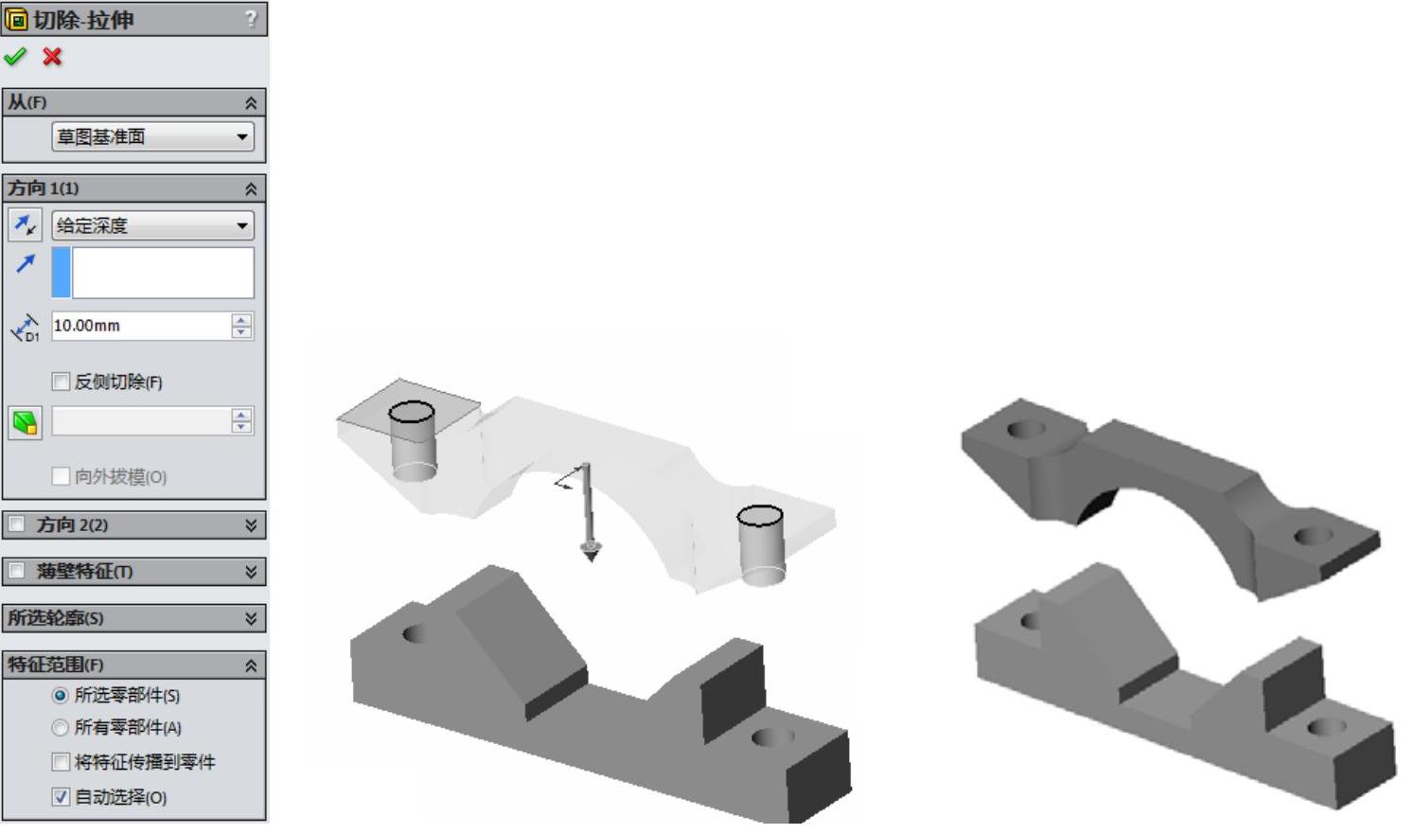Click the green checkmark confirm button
tap(15, 57)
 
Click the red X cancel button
tap(52, 57)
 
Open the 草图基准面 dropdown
tap(153, 136)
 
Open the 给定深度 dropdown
tap(153, 225)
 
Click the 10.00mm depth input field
tap(142, 326)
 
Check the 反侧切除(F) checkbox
tap(61, 382)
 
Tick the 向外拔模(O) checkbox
tap(61, 476)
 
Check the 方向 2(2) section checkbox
tap(16, 524)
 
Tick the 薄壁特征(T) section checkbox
tap(16, 571)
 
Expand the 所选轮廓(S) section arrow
tap(251, 618)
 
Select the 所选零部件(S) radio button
tap(60, 696)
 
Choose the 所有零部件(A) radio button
tap(60, 728)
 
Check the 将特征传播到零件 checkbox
tap(61, 762)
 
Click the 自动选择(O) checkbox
tap(61, 797)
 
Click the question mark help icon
tap(252, 19)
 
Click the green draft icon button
tap(26, 423)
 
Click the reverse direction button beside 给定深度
tap(26, 225)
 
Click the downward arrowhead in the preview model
tap(591, 552)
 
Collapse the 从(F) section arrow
tap(251, 103)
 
